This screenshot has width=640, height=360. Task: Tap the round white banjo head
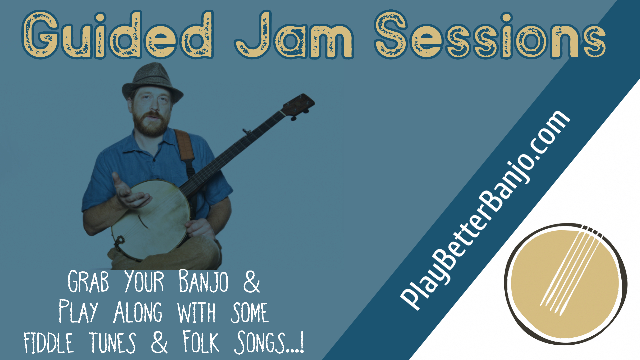[150, 218]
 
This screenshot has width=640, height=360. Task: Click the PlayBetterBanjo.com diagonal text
[485, 210]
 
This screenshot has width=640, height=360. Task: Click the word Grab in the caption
[88, 282]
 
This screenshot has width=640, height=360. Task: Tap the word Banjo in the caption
[204, 282]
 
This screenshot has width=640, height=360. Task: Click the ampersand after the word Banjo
[251, 282]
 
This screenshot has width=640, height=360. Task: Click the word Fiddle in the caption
[49, 343]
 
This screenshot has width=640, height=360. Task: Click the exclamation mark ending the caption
[302, 343]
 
